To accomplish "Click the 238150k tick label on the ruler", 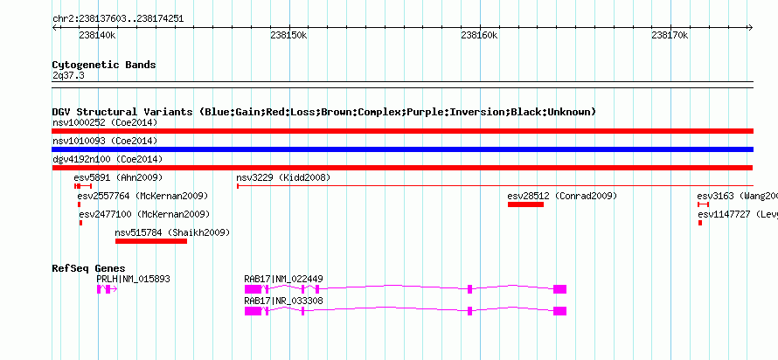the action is [x=288, y=35].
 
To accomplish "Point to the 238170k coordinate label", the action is [x=670, y=35].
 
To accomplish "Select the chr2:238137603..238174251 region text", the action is [x=118, y=19].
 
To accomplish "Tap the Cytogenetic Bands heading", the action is [x=104, y=65].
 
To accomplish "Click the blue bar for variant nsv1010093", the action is [x=402, y=149].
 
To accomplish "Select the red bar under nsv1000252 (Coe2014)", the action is [x=402, y=131].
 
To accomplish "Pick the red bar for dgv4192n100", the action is [x=402, y=168].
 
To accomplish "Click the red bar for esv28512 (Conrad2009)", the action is [x=525, y=204].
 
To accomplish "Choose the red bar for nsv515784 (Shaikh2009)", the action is [x=151, y=241].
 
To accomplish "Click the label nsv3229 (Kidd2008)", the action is [x=283, y=177].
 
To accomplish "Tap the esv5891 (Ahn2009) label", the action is [x=118, y=177].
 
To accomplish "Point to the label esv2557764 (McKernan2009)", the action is [x=142, y=196].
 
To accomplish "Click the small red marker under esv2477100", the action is [x=81, y=223].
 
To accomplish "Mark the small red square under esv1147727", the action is [x=700, y=223].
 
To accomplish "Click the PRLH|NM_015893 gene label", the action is [x=133, y=279].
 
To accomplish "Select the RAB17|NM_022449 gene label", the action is [x=283, y=279].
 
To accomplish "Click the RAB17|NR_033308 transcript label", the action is [x=283, y=301].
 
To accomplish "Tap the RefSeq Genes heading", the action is [x=89, y=269].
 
